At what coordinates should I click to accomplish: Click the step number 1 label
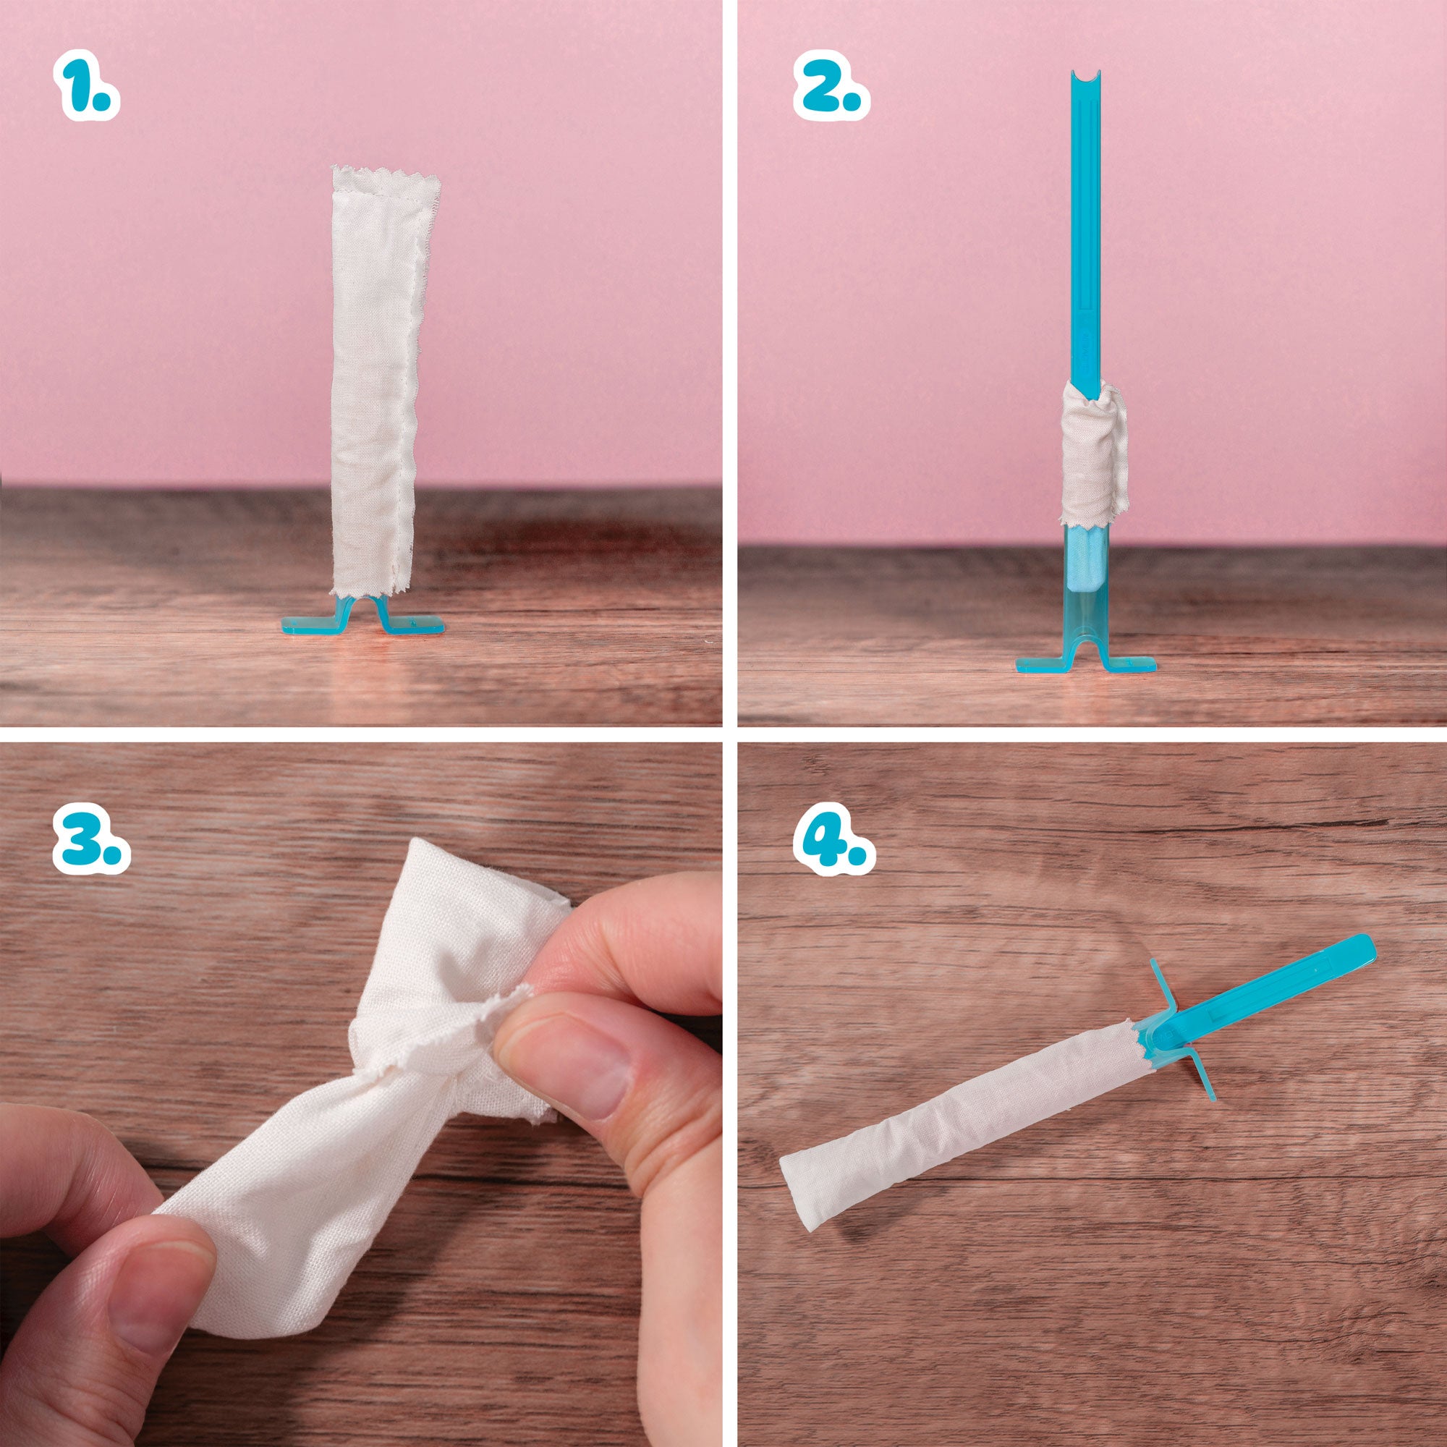86,85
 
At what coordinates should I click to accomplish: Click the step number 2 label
831,85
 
